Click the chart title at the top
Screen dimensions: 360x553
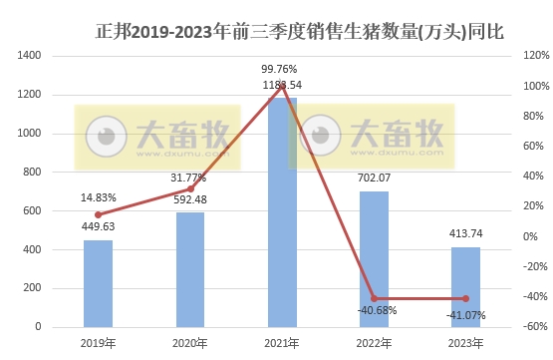coord(300,31)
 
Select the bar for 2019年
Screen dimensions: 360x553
coord(98,283)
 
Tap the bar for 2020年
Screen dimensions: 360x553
coord(189,269)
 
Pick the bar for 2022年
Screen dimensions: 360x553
coord(374,258)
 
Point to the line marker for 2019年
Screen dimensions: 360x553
coord(98,214)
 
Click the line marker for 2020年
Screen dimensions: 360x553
coord(189,188)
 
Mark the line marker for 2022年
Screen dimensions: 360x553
coord(374,298)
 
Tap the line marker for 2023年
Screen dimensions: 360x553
coord(465,299)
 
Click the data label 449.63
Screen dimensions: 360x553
coord(98,225)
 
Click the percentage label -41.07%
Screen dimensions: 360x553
coord(465,316)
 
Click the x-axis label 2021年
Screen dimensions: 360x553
coord(282,344)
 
